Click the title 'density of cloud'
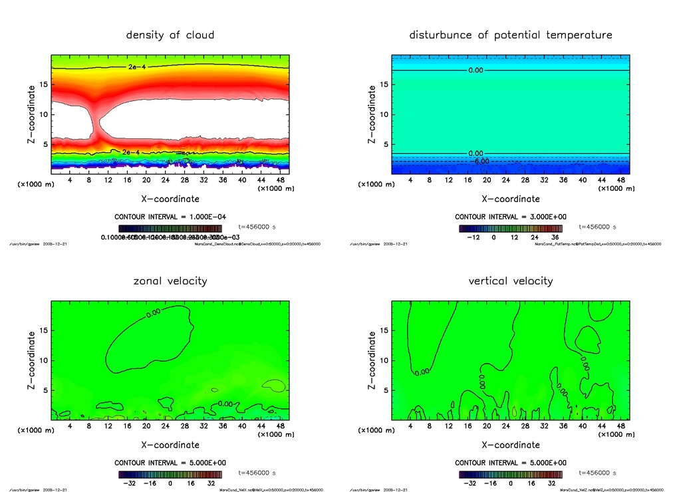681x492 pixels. [x=170, y=35]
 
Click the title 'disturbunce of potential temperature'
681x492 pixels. [x=511, y=35]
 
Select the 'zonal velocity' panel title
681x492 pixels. [x=170, y=281]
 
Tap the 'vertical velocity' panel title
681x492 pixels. [x=511, y=281]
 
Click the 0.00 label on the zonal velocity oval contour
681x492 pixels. [x=154, y=312]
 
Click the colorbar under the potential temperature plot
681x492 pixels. [x=510, y=227]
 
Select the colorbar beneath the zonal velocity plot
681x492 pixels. [x=170, y=474]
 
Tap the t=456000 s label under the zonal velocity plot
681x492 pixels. [x=256, y=473]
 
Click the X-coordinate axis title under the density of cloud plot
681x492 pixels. [x=170, y=199]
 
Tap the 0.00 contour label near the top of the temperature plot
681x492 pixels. [x=476, y=70]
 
